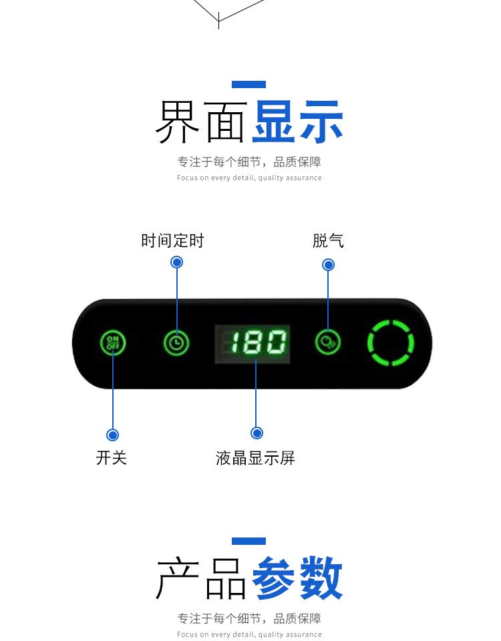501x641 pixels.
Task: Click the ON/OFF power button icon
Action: [x=113, y=343]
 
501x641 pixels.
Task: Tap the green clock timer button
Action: [x=176, y=343]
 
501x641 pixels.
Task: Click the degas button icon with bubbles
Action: [x=328, y=343]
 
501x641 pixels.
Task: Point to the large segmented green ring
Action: [x=391, y=343]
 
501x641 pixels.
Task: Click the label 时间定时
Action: [x=172, y=240]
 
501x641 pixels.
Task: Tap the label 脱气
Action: [x=328, y=240]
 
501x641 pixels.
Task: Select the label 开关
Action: [x=112, y=457]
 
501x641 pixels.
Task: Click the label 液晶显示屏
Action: [x=255, y=458]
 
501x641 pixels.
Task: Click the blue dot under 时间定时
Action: [x=177, y=262]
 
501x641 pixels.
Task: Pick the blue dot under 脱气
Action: [x=328, y=265]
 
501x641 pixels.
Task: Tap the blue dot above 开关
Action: [x=113, y=435]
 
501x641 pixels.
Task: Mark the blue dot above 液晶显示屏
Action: [x=257, y=433]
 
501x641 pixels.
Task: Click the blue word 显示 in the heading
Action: [x=297, y=123]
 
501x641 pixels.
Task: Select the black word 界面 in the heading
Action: [x=200, y=123]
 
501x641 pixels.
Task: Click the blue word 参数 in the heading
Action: [x=297, y=580]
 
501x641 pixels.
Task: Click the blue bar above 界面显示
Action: [x=248, y=84]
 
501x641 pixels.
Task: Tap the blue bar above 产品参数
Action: [x=248, y=541]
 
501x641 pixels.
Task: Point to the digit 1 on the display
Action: [x=235, y=344]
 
